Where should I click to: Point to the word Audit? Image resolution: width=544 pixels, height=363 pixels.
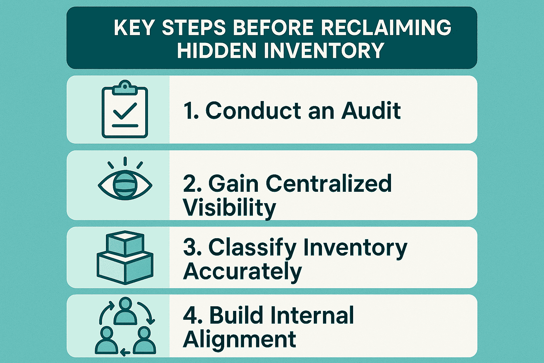371,111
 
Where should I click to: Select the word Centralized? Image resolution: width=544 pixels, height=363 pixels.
329,183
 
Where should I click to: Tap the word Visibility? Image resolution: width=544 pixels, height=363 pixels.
229,207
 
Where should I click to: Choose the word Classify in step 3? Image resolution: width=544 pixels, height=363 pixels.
252,248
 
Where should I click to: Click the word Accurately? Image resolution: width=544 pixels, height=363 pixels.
243,272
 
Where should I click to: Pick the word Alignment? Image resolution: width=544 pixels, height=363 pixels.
239,339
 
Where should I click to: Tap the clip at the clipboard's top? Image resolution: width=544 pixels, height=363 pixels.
125,86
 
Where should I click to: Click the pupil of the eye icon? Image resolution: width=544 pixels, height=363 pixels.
125,185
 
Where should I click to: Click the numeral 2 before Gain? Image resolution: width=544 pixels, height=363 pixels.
192,184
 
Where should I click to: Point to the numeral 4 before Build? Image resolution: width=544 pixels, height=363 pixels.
192,315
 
